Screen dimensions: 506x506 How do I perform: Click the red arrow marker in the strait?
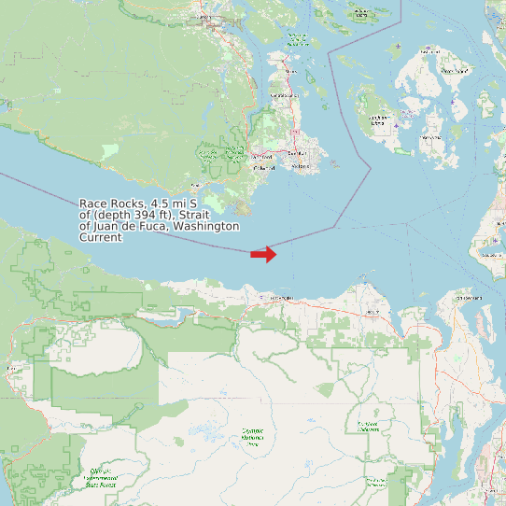click(263, 254)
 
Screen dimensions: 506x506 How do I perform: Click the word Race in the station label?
click(91, 203)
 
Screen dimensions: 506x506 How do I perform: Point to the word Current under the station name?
click(100, 238)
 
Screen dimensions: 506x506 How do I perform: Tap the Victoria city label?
click(300, 166)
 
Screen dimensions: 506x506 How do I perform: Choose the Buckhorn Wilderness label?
click(368, 426)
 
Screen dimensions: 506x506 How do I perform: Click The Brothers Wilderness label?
click(377, 483)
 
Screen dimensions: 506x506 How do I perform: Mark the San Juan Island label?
click(378, 120)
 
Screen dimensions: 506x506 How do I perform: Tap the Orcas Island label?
click(456, 70)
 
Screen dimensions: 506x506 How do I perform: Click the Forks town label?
click(11, 369)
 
